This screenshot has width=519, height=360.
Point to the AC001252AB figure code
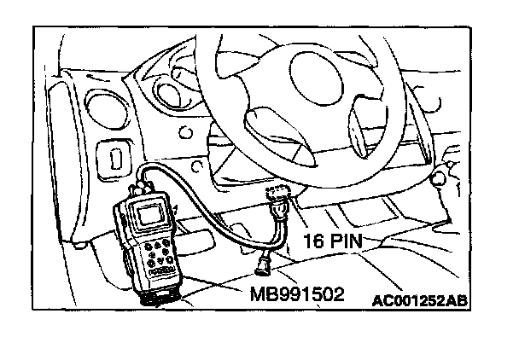420,300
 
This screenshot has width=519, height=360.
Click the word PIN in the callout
348,241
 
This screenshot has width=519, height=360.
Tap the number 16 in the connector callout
313,241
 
